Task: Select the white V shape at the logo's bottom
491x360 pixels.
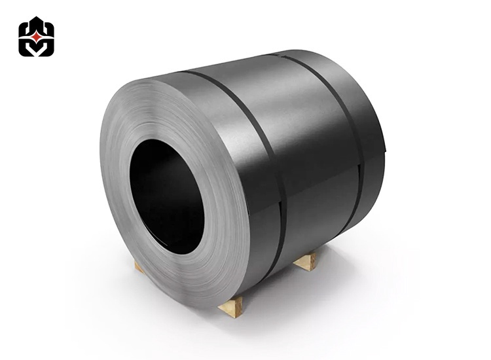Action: pos(36,48)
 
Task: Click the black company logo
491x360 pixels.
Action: pos(36,37)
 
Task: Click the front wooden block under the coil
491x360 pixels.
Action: pos(230,306)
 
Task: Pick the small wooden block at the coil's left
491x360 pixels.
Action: pos(139,266)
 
